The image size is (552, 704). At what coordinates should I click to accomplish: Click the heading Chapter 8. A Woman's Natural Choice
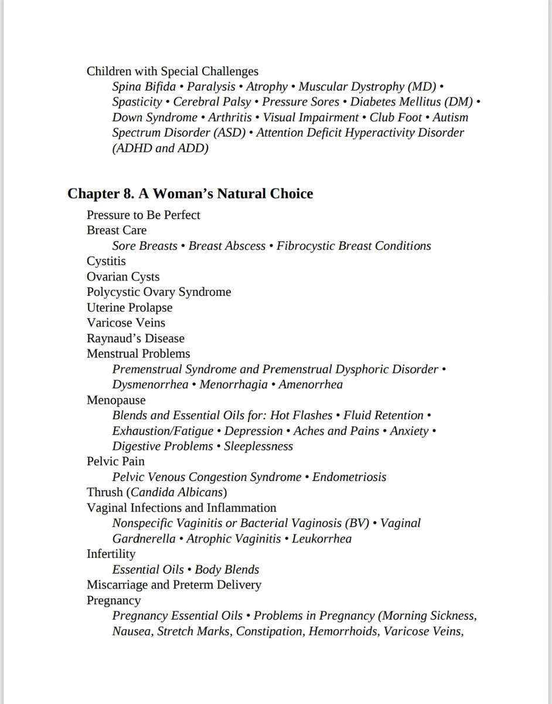pyautogui.click(x=190, y=194)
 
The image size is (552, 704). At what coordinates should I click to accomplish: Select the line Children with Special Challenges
pyautogui.click(x=172, y=72)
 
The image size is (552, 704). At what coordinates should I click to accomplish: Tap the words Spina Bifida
pyautogui.click(x=144, y=87)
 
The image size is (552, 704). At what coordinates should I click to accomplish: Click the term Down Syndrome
pyautogui.click(x=155, y=117)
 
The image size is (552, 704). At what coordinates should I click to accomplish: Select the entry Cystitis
pyautogui.click(x=106, y=261)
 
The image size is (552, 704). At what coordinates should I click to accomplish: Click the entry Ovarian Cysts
pyautogui.click(x=123, y=277)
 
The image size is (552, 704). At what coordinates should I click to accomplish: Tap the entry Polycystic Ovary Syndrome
pyautogui.click(x=159, y=292)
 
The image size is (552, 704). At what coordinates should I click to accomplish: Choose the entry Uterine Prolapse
pyautogui.click(x=130, y=307)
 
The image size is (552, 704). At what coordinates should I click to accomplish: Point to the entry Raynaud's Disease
pyautogui.click(x=135, y=339)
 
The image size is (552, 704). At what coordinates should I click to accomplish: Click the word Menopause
pyautogui.click(x=116, y=400)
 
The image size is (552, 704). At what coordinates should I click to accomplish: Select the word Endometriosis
pyautogui.click(x=349, y=477)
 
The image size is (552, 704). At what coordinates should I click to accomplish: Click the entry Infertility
pyautogui.click(x=111, y=554)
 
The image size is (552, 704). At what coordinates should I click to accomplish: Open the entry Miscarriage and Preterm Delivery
pyautogui.click(x=174, y=585)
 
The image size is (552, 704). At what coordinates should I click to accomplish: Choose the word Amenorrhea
pyautogui.click(x=311, y=385)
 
